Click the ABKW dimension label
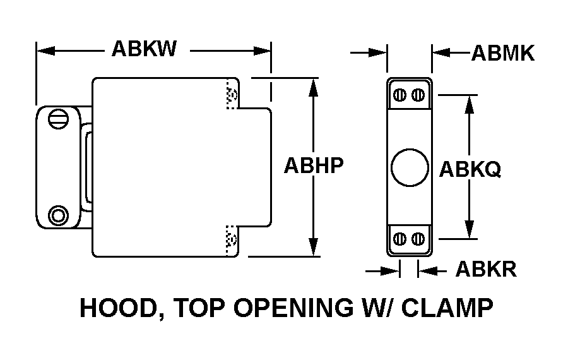click(x=144, y=49)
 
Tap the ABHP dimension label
click(x=314, y=165)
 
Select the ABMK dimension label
click(x=502, y=54)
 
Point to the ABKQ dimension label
click(x=470, y=169)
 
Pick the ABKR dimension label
click(x=486, y=270)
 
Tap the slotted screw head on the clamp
click(x=57, y=119)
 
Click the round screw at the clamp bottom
click(x=59, y=215)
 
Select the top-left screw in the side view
click(x=399, y=95)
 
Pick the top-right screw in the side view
click(x=418, y=95)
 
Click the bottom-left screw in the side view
click(x=399, y=239)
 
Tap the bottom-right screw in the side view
click(x=418, y=239)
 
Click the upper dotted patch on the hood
click(x=232, y=95)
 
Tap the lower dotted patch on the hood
click(x=232, y=239)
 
